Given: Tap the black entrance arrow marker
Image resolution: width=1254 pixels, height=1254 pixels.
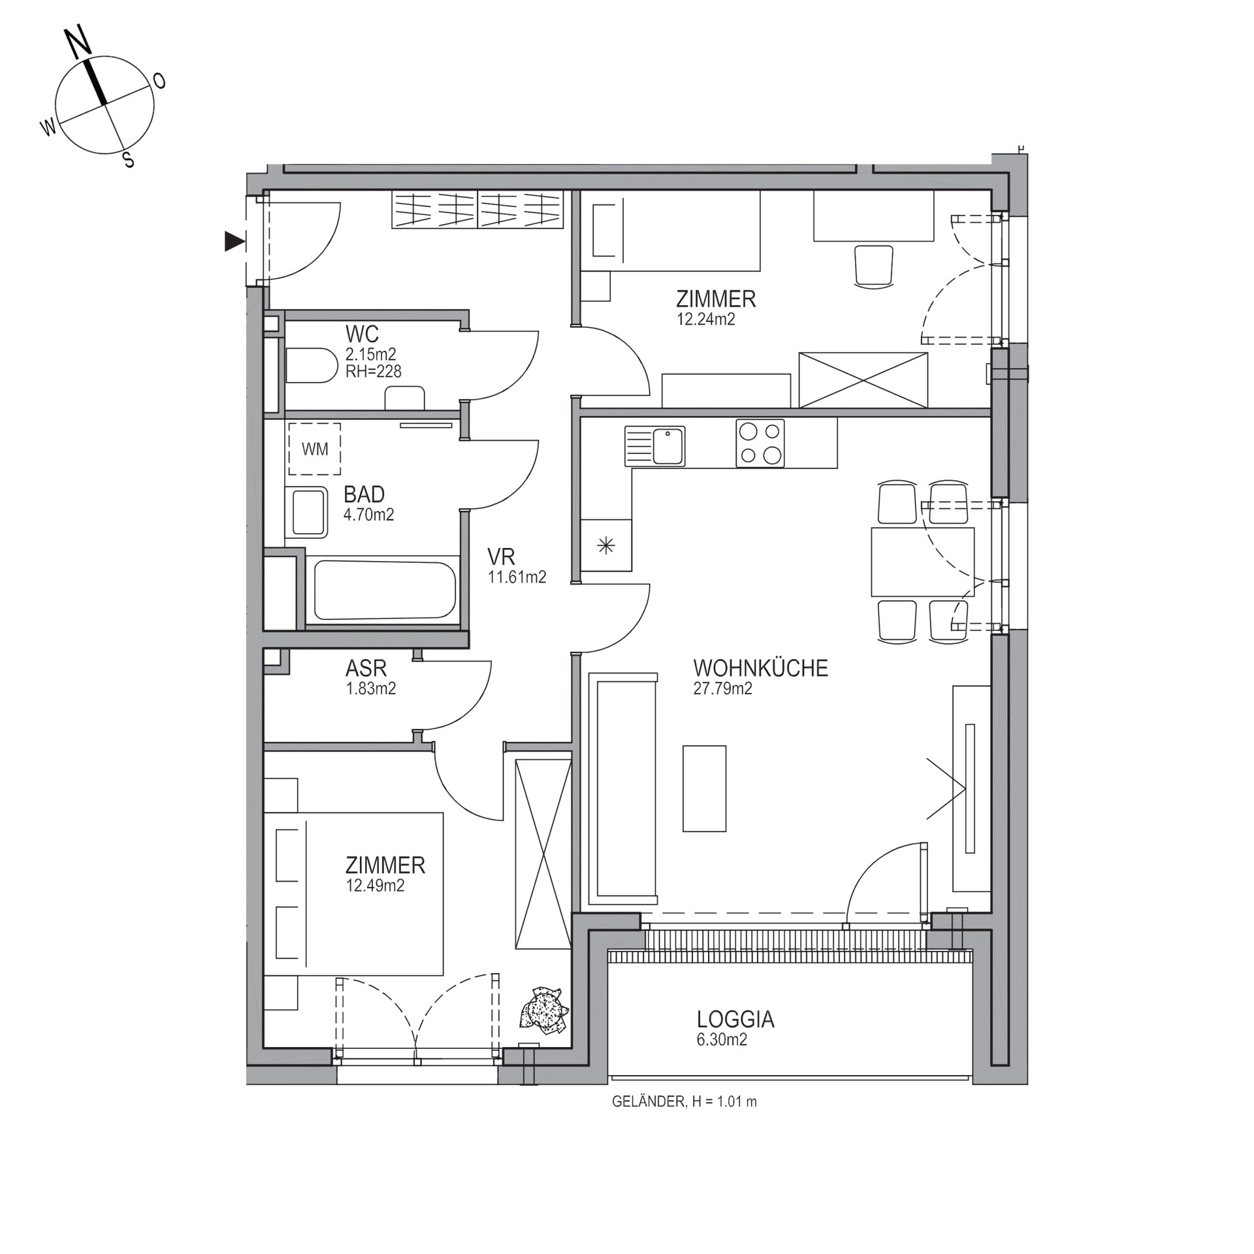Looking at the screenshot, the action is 234,242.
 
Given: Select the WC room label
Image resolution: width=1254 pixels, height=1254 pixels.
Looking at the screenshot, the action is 362,334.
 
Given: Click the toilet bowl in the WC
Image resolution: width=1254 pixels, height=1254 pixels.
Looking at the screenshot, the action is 310,365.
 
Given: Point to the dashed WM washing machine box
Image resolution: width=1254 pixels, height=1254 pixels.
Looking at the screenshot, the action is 315,449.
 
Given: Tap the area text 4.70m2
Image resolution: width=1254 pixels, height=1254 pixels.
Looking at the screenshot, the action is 368,515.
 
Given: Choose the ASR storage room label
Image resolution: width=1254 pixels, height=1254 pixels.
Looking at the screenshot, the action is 366,668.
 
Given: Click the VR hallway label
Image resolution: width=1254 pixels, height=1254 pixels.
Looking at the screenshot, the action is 501,556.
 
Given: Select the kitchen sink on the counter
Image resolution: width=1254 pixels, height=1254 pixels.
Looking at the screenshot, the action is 655,446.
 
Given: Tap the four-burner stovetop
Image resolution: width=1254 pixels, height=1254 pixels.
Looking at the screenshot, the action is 760,443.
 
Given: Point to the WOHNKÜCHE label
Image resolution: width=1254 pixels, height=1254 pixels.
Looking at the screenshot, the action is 760,668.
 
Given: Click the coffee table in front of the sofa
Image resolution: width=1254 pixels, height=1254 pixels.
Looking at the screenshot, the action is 704,788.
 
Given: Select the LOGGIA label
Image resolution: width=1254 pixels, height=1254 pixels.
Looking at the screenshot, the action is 735,1020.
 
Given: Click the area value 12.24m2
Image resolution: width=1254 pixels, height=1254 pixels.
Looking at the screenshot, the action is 705,319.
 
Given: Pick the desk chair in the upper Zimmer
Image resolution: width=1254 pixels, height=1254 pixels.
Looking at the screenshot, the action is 873,265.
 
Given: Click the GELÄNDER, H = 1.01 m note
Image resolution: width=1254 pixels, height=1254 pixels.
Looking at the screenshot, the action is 684,1102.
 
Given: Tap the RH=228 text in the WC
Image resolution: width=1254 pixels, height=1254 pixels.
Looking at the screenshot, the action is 373,371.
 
